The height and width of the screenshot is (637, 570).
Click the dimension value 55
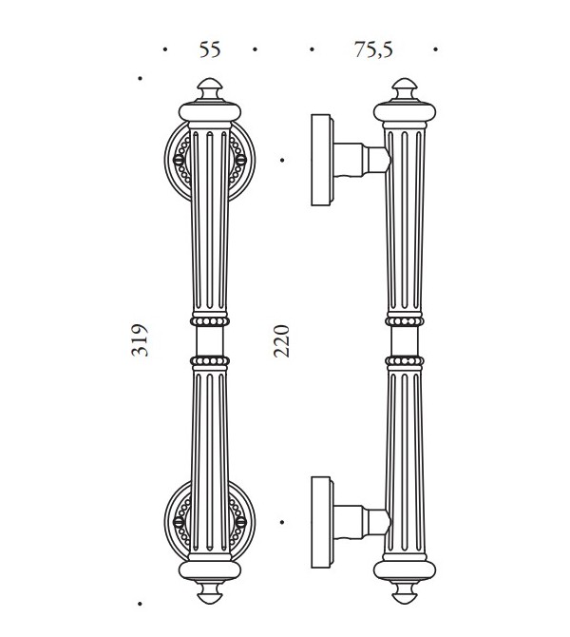click(x=210, y=49)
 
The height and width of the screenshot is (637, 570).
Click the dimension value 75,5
click(x=373, y=50)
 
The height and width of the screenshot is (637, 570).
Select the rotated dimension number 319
click(x=140, y=340)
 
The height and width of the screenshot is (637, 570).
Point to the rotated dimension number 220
click(x=281, y=341)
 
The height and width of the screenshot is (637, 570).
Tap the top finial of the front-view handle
click(x=210, y=89)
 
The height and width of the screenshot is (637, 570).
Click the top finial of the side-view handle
click(x=405, y=89)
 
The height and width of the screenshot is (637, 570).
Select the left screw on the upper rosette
click(x=179, y=160)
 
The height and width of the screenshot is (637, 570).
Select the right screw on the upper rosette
click(x=240, y=160)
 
